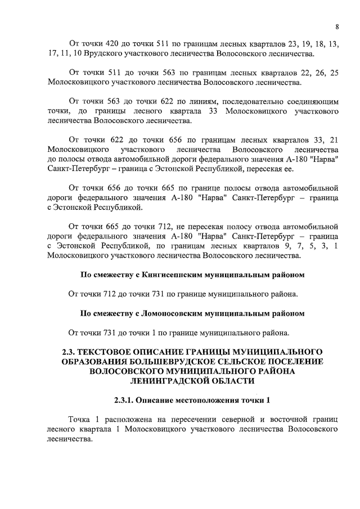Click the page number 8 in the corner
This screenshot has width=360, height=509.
click(336, 27)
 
